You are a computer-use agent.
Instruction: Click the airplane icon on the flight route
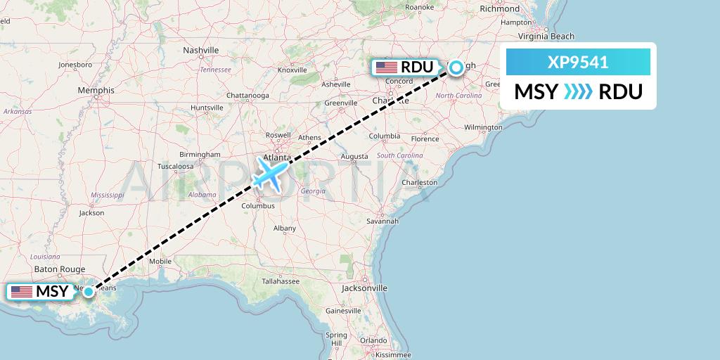[x=270, y=173]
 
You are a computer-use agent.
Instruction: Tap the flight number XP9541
[x=578, y=63]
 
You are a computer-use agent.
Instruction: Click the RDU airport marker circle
[x=456, y=67]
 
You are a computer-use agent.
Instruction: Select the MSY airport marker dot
[x=89, y=292]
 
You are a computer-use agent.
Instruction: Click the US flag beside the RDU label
[x=387, y=67]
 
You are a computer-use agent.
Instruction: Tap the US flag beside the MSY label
[x=21, y=291]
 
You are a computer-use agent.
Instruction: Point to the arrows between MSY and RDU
[x=578, y=92]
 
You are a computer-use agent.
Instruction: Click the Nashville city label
[x=200, y=51]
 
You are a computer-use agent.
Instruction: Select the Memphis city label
[x=96, y=91]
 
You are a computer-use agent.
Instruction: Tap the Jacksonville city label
[x=364, y=288]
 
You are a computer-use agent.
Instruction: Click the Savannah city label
[x=382, y=221]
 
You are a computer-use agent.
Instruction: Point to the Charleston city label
[x=419, y=183]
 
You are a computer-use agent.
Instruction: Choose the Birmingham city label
[x=200, y=154]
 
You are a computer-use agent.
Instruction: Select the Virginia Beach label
[x=546, y=37]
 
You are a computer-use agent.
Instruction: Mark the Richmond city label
[x=499, y=9]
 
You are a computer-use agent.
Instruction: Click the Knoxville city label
[x=292, y=70]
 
